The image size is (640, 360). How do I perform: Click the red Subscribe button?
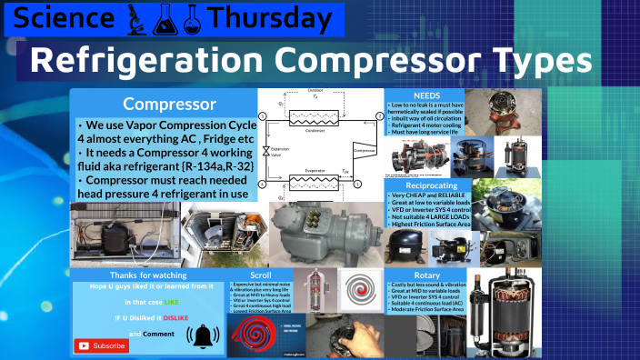102,345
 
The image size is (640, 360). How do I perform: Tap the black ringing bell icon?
203,335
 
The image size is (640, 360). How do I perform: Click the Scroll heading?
261,273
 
